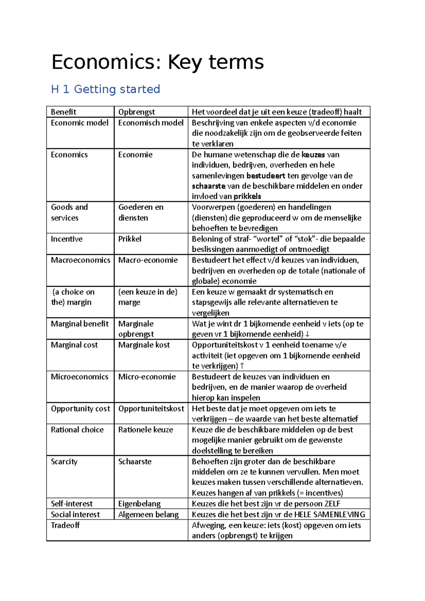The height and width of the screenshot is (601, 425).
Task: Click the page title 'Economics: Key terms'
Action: coord(158,62)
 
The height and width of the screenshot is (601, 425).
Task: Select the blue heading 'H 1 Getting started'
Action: coord(106,89)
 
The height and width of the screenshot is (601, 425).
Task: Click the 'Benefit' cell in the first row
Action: coord(63,112)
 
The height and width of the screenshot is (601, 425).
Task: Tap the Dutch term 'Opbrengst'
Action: coord(136,112)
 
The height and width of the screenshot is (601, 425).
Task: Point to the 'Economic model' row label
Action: coord(80,123)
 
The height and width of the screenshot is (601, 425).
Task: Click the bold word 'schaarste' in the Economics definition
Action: coord(209,186)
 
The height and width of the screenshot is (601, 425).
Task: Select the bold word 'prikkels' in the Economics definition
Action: coord(247,196)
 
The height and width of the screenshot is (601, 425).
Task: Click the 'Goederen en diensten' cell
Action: coord(141,212)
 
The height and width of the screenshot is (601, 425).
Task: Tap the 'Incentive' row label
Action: coord(67,239)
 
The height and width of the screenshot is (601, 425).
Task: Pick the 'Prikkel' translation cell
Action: coord(130,239)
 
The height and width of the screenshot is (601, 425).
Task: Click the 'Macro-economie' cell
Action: coord(148,260)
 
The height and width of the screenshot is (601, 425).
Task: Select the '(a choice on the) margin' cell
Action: coord(73,297)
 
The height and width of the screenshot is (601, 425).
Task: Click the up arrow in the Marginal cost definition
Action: coord(242,366)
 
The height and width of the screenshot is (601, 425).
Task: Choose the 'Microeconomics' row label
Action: coord(79,377)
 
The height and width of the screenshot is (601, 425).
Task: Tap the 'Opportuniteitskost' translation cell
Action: coord(151,408)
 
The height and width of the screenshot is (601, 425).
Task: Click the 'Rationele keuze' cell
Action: coord(146,430)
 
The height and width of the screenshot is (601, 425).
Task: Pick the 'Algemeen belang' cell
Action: coord(148,514)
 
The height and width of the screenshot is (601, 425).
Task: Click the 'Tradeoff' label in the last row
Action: coord(65,525)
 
